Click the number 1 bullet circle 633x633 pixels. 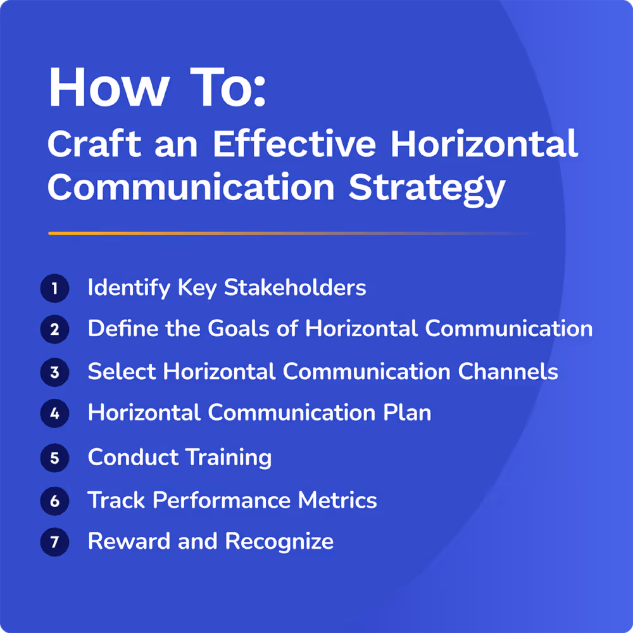[x=54, y=289]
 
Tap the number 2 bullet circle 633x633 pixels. [x=54, y=330]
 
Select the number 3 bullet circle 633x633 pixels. [x=54, y=372]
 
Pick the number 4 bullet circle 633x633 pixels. [x=54, y=414]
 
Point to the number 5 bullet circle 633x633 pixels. [x=54, y=458]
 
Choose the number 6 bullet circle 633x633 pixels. [x=54, y=501]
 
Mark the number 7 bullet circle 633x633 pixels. [x=54, y=542]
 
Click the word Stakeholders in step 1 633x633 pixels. [x=295, y=288]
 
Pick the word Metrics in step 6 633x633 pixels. [x=337, y=500]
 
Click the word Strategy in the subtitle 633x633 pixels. [x=427, y=187]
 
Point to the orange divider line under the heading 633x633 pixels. [x=190, y=234]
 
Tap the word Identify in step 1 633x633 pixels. [x=128, y=289]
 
